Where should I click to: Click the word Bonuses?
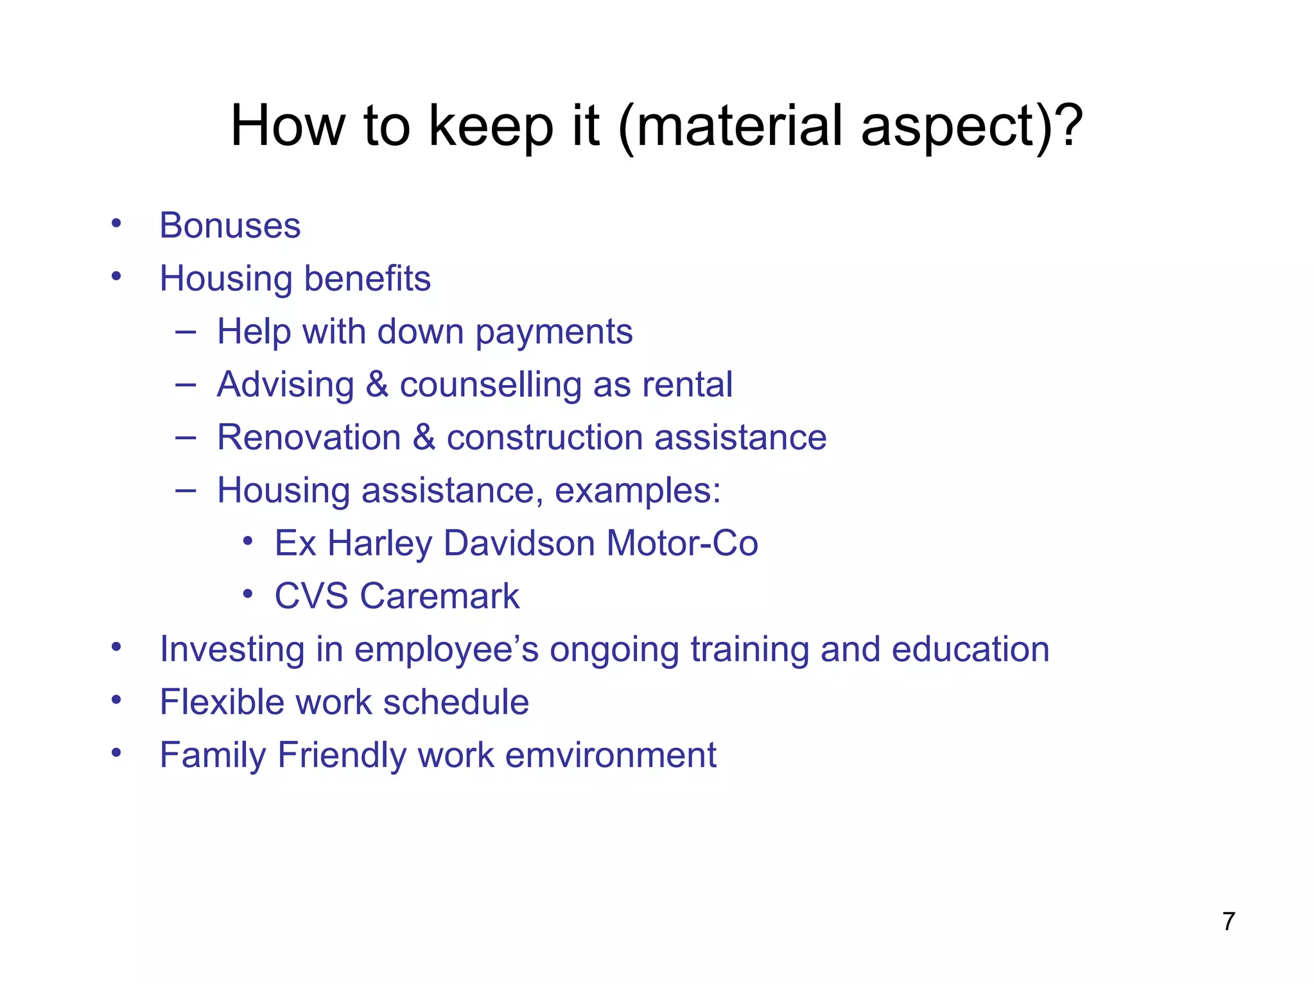(x=230, y=226)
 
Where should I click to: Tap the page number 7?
(x=1228, y=921)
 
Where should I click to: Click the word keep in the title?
(x=491, y=126)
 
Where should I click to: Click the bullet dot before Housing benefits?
(x=116, y=277)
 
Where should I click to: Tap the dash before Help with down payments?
(x=185, y=332)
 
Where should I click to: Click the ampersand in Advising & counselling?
(x=377, y=385)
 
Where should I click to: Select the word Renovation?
(x=309, y=438)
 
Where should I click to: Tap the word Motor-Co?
(x=682, y=544)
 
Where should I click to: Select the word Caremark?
(x=439, y=596)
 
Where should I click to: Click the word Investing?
(x=232, y=650)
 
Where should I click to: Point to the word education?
(x=970, y=649)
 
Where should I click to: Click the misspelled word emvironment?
(x=611, y=755)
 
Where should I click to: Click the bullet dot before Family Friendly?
(x=116, y=752)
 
